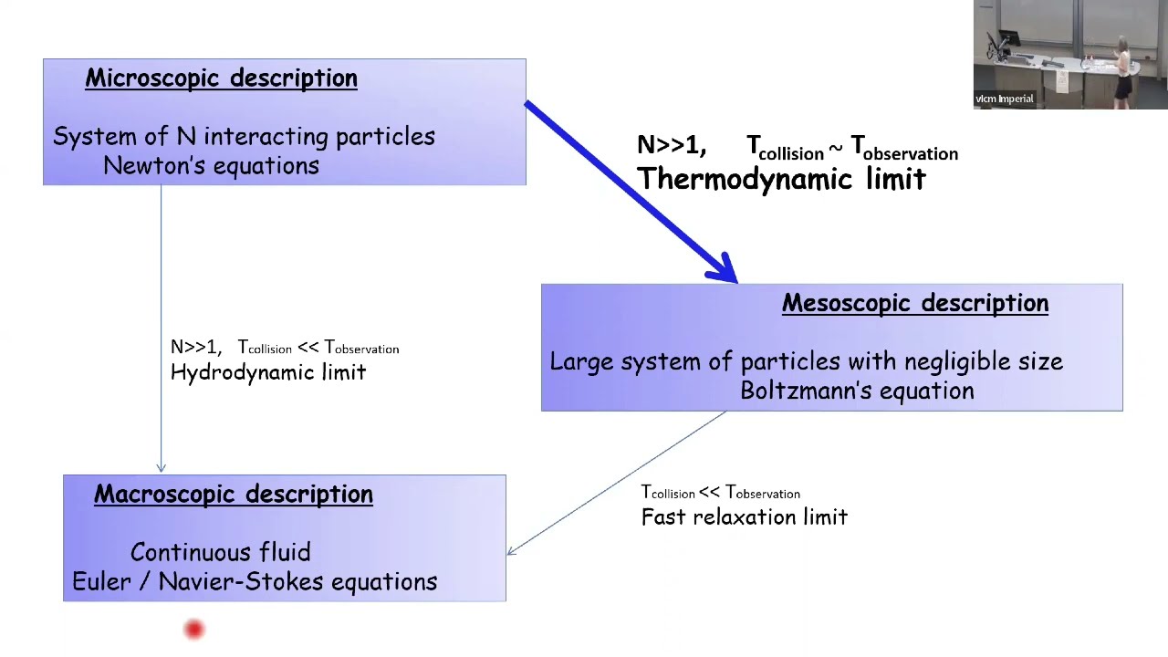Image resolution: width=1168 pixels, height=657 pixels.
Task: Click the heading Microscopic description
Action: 221,78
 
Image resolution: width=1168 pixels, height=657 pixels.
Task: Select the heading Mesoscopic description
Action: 915,304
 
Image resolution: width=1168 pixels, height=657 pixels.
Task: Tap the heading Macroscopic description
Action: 234,495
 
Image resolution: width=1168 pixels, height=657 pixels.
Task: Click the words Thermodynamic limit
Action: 781,179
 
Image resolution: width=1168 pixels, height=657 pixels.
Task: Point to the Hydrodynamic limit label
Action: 268,372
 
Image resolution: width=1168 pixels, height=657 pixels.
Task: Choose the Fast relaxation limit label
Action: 744,517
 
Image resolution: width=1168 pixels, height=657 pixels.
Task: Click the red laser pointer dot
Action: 194,630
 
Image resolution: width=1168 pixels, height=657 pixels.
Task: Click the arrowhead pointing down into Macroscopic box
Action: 162,468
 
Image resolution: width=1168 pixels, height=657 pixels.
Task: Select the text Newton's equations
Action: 211,166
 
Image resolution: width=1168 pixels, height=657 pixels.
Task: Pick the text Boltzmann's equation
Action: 857,391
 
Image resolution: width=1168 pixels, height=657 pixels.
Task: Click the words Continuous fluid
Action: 220,552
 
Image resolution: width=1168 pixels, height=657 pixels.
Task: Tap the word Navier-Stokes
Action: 242,581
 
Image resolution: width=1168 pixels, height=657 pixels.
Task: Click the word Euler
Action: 101,581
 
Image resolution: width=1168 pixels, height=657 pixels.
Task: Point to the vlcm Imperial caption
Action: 1005,99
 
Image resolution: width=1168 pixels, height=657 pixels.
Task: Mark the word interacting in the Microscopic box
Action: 266,137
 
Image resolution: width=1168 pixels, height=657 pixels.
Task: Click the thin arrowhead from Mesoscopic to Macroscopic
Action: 512,550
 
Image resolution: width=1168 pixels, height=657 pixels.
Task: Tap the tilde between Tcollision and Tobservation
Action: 835,149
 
